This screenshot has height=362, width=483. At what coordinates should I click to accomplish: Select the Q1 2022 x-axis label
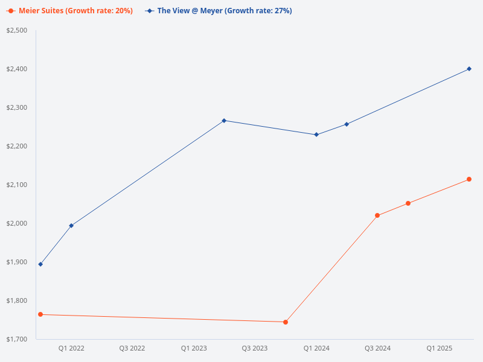71,348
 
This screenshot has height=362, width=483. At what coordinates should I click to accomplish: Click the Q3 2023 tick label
255,348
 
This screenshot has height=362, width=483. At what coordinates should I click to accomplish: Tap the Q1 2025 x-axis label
439,348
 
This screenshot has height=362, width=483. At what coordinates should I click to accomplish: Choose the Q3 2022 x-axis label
132,348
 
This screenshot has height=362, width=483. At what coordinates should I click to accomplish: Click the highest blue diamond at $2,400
469,69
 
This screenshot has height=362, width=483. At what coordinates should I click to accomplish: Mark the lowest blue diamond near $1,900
40,264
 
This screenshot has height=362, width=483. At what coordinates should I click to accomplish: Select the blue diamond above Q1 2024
316,135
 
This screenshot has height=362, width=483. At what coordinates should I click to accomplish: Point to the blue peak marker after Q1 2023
224,121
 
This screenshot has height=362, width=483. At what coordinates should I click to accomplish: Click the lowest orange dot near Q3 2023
286,322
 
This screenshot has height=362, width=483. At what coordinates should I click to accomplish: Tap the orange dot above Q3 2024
377,215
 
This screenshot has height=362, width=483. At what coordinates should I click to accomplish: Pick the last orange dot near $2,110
469,179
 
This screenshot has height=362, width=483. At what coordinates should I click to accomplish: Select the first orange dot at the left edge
40,314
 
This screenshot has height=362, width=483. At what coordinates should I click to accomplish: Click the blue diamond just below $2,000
71,226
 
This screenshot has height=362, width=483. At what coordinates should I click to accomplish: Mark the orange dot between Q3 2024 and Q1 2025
408,203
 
